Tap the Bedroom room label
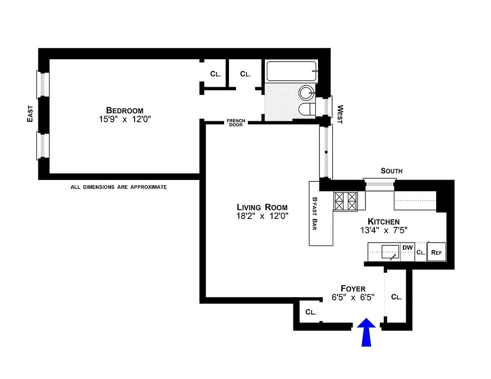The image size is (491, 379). tap(125, 110)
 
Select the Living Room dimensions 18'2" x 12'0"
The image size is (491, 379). tap(262, 216)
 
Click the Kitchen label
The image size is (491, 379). tap(383, 221)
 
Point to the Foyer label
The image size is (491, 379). tap(353, 289)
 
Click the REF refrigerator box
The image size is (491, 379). tap(436, 253)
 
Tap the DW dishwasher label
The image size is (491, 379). tap(407, 247)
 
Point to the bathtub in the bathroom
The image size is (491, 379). tap(291, 71)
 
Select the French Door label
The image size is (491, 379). tap(236, 122)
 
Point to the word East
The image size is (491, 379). tap(30, 114)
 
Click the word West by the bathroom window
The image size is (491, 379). tap(339, 115)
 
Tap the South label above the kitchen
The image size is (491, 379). tap(391, 171)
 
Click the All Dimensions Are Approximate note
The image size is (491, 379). tap(118, 187)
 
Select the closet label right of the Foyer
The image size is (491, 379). tap(397, 298)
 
